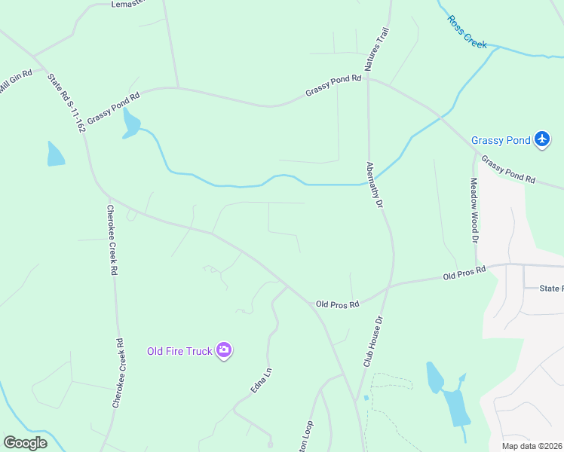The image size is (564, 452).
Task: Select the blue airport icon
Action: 541,139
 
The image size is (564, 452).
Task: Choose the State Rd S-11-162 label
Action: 66,102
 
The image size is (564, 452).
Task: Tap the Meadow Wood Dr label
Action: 475,210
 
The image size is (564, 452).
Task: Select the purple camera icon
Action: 223,350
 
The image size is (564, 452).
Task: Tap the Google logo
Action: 25,442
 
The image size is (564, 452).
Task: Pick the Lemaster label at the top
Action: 127,4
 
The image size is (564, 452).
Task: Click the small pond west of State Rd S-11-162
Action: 55,154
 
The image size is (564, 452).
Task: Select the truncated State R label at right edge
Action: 551,289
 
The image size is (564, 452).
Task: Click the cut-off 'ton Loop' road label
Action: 308,435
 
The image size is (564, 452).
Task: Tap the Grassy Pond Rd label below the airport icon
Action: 508,170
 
